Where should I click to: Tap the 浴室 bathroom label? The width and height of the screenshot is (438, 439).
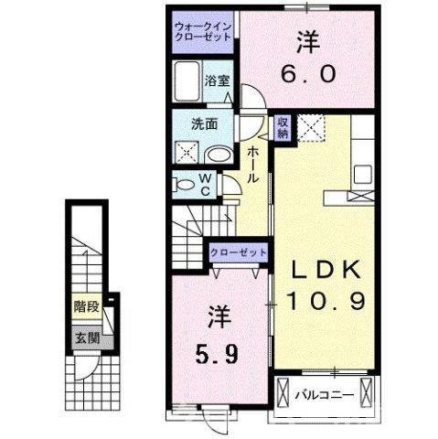[217, 80]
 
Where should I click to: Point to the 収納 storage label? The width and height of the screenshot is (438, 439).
[284, 125]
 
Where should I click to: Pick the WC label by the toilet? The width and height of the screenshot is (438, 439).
[206, 184]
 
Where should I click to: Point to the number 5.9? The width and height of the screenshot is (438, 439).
[218, 350]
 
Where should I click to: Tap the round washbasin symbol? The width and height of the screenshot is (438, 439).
[216, 154]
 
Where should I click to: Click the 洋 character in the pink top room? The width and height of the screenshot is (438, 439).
[305, 41]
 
